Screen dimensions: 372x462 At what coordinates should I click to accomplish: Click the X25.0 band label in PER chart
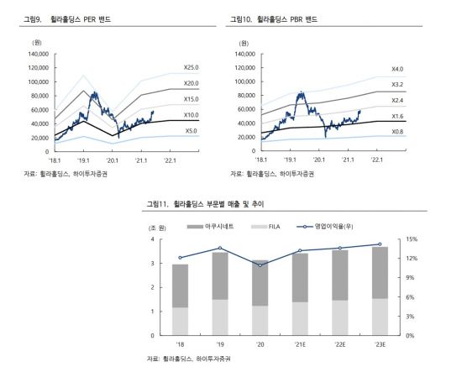[192, 67]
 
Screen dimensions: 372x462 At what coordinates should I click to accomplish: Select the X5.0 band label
[191, 131]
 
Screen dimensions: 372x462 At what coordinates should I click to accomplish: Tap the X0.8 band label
[397, 132]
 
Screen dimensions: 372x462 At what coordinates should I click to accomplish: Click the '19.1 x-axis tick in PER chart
[84, 158]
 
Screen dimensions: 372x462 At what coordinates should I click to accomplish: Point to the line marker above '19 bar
[220, 249]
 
